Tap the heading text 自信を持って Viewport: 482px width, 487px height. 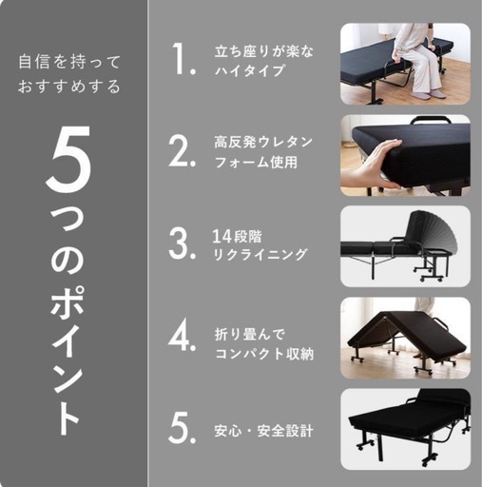[x=69, y=62]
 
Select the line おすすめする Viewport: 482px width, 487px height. [x=69, y=87]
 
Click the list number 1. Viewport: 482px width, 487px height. [x=183, y=59]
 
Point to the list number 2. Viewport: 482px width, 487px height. [x=183, y=150]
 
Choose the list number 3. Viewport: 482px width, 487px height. [x=183, y=243]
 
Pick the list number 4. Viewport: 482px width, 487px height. [x=183, y=335]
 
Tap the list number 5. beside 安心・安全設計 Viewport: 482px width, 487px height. [x=183, y=427]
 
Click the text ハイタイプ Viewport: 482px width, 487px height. [x=249, y=70]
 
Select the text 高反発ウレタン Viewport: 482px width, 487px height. [x=263, y=142]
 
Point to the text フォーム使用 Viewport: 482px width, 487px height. [x=256, y=162]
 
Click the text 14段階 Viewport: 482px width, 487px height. [x=237, y=237]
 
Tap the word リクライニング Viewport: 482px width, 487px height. [x=260, y=254]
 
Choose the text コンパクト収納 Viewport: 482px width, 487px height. [x=264, y=353]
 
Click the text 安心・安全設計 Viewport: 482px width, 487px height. [x=263, y=431]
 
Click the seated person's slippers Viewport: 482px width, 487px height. [x=429, y=93]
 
